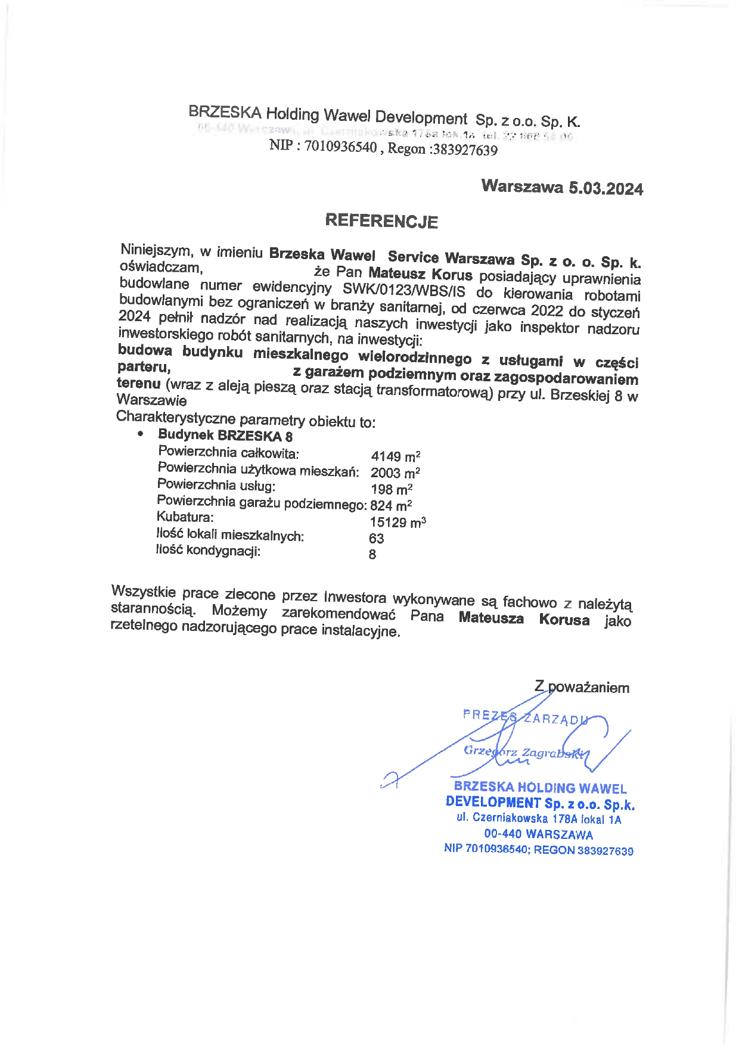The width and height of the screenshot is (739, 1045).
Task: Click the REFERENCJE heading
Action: coord(381,221)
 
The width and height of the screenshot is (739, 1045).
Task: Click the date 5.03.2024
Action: coord(606,189)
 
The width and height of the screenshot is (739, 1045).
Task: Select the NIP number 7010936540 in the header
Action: coord(340,147)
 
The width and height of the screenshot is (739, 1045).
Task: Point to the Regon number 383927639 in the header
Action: coord(465,150)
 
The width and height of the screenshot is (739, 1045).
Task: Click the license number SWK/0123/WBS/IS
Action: coord(403,291)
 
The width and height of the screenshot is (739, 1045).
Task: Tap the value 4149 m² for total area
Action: coord(396,457)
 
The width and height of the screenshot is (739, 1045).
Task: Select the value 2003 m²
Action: coord(395,473)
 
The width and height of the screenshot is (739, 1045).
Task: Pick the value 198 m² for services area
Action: coord(392,490)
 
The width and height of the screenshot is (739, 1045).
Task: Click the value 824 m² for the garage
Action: coord(391,506)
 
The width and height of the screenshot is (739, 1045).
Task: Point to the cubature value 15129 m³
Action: coord(398,522)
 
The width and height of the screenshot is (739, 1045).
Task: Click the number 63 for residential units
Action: coord(377,539)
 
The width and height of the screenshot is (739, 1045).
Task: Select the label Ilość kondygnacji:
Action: coord(208,551)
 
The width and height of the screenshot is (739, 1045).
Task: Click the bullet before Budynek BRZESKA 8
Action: coord(140,434)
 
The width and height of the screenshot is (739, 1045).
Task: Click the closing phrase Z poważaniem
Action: coord(582,688)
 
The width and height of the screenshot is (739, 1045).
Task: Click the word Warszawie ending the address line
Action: coord(152,400)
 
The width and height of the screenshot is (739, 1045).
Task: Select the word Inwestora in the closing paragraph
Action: coord(355,597)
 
